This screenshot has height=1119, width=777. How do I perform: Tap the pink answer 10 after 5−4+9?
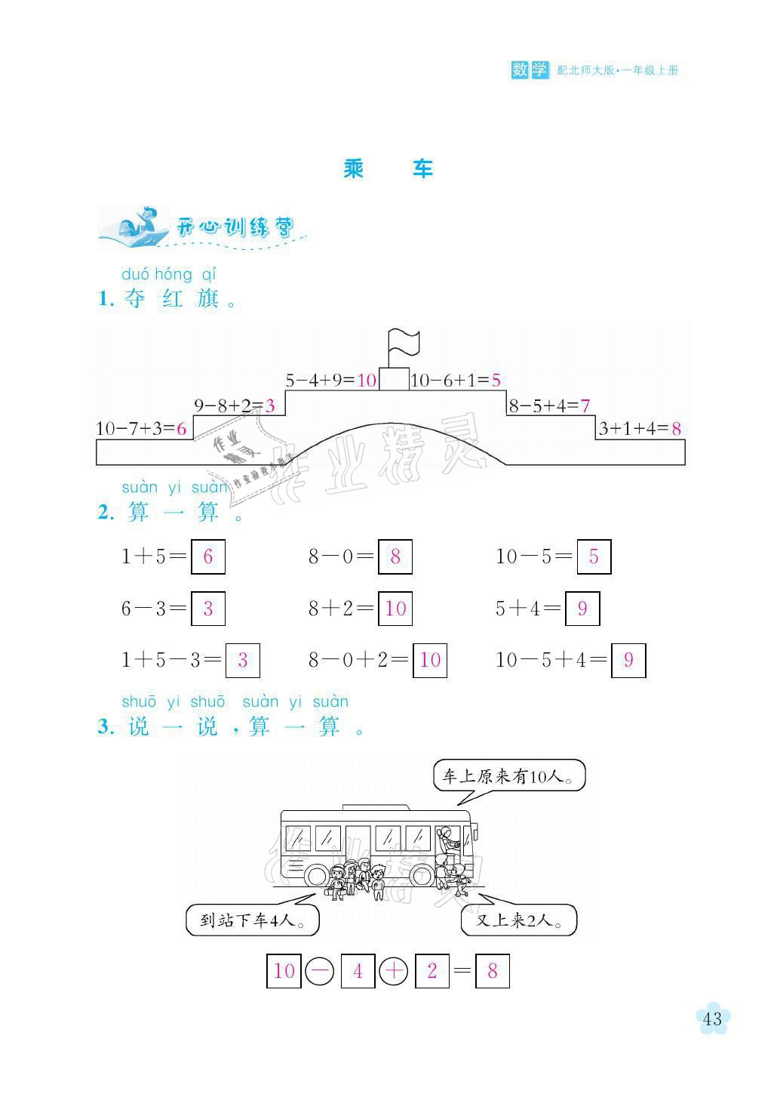tap(367, 381)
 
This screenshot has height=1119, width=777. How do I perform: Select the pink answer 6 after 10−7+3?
tap(181, 429)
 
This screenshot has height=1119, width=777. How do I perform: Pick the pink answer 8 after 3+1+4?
tap(677, 429)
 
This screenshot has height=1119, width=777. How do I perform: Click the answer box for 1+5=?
tap(208, 556)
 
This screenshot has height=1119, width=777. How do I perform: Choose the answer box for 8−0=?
tap(395, 556)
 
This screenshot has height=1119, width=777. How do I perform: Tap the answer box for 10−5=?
tap(594, 556)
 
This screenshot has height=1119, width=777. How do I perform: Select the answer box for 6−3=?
tap(208, 609)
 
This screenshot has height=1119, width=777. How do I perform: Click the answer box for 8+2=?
tap(395, 609)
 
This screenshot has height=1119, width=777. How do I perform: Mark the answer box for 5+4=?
tap(582, 609)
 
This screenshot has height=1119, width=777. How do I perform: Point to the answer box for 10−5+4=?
tap(628, 661)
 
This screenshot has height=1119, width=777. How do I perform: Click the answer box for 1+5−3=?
tap(243, 661)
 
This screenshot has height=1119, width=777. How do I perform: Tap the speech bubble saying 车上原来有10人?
tap(509, 775)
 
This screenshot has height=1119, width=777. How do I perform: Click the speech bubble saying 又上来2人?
tap(519, 920)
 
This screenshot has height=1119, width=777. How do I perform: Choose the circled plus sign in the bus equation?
tap(394, 971)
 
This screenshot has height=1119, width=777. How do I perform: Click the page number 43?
tap(713, 1019)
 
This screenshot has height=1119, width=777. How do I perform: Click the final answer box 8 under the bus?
tap(493, 971)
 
